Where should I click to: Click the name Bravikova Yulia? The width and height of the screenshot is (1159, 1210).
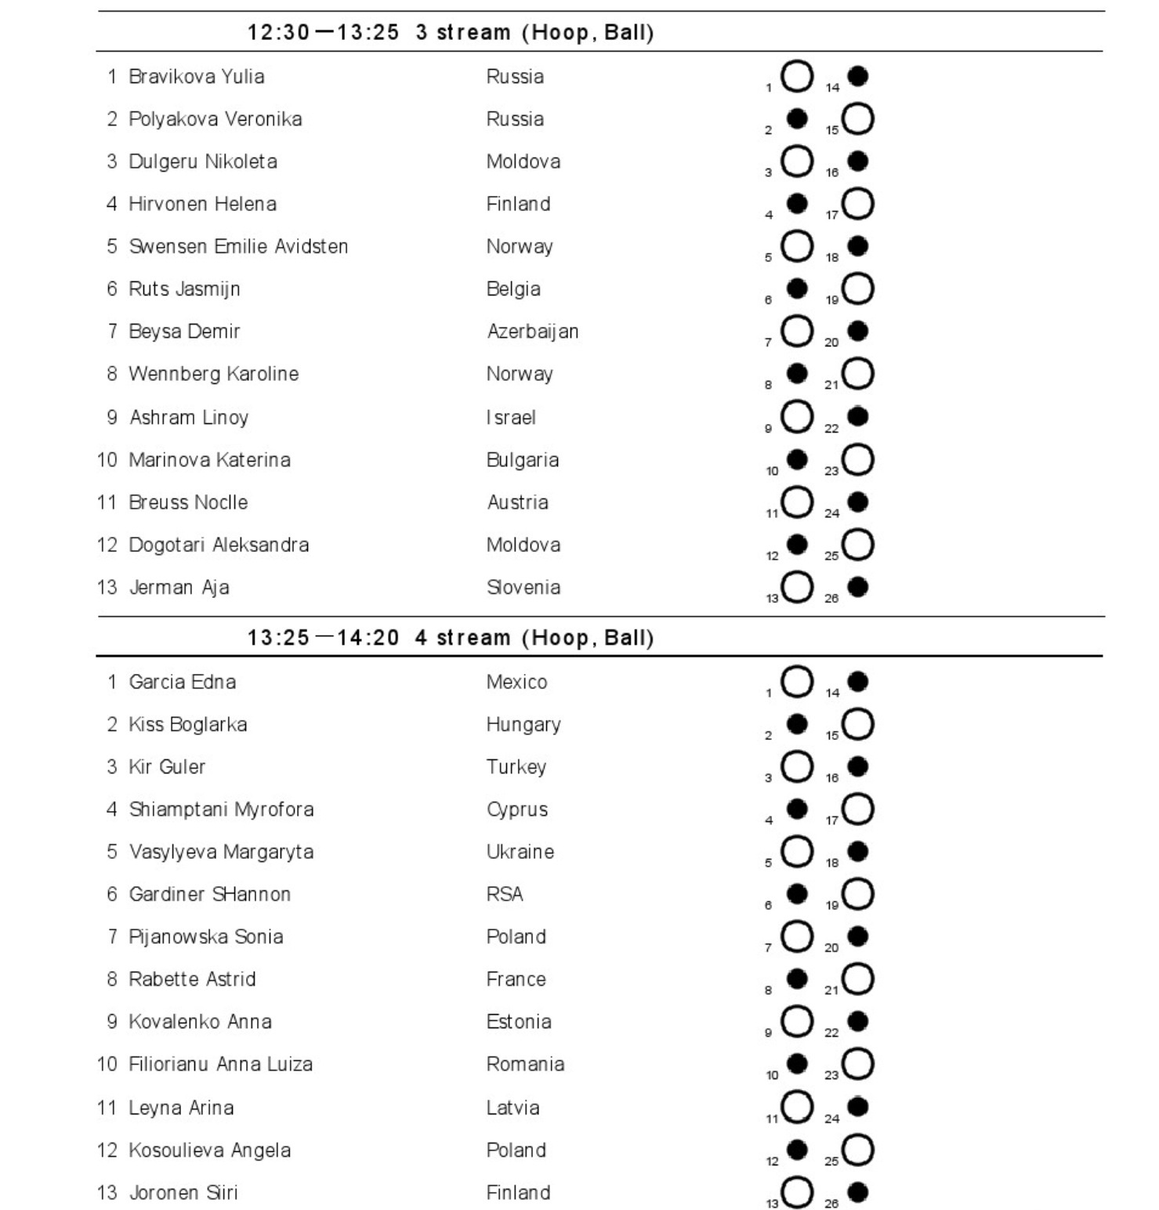point(196,77)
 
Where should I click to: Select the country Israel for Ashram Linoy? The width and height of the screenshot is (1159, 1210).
point(511,418)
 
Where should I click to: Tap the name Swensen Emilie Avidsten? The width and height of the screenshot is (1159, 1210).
point(237,247)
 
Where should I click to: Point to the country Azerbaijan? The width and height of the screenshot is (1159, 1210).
point(533,331)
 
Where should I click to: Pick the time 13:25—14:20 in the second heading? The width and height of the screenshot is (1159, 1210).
point(323,638)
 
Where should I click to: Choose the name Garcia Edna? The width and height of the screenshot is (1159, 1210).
point(182,682)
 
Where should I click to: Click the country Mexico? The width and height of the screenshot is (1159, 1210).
point(516,682)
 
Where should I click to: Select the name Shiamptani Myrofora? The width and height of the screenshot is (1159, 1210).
point(221,810)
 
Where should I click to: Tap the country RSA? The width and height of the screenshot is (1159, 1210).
point(505,894)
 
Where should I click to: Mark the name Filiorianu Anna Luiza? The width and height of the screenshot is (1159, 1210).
point(220,1064)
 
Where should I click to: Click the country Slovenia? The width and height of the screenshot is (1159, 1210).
point(523,588)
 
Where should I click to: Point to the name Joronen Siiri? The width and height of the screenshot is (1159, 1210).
point(183,1193)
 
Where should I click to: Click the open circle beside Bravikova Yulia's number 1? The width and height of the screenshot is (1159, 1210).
point(797,76)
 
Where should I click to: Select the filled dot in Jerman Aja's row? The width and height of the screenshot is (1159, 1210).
point(858,586)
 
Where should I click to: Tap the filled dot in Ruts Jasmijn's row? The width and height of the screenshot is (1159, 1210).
point(797,288)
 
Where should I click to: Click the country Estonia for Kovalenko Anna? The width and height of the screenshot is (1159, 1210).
point(519,1022)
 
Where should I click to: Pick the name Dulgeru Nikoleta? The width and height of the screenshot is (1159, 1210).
point(202,162)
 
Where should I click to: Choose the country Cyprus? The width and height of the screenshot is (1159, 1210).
point(517,810)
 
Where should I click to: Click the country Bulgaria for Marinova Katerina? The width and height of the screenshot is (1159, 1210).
point(523,460)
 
